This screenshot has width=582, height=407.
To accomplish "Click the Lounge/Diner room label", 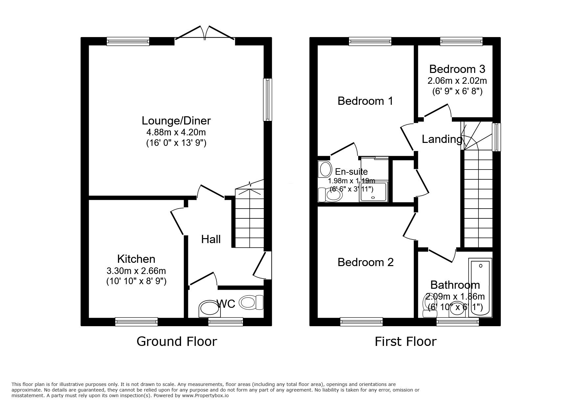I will (x=176, y=121).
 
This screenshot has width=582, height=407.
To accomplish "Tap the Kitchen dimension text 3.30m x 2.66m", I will (x=136, y=271).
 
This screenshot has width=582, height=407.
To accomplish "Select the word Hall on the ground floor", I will (x=211, y=239).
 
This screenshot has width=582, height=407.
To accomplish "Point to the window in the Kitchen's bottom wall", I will (x=136, y=322).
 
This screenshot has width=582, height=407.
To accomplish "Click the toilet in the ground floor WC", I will (x=252, y=302).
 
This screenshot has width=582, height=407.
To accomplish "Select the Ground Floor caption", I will (x=176, y=341).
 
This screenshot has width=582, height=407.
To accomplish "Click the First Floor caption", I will (x=405, y=342).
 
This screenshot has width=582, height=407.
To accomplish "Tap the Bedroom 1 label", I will (x=365, y=101).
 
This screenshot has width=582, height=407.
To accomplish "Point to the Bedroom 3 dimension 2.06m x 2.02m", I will (x=457, y=80).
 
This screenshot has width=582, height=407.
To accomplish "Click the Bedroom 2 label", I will (x=365, y=262).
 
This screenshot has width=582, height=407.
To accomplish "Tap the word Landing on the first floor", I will (x=442, y=139).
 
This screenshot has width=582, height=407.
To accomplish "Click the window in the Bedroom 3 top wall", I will (x=461, y=41).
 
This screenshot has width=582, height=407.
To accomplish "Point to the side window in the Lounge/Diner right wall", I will (x=268, y=100).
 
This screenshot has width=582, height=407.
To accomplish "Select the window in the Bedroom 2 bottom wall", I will (x=361, y=322).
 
